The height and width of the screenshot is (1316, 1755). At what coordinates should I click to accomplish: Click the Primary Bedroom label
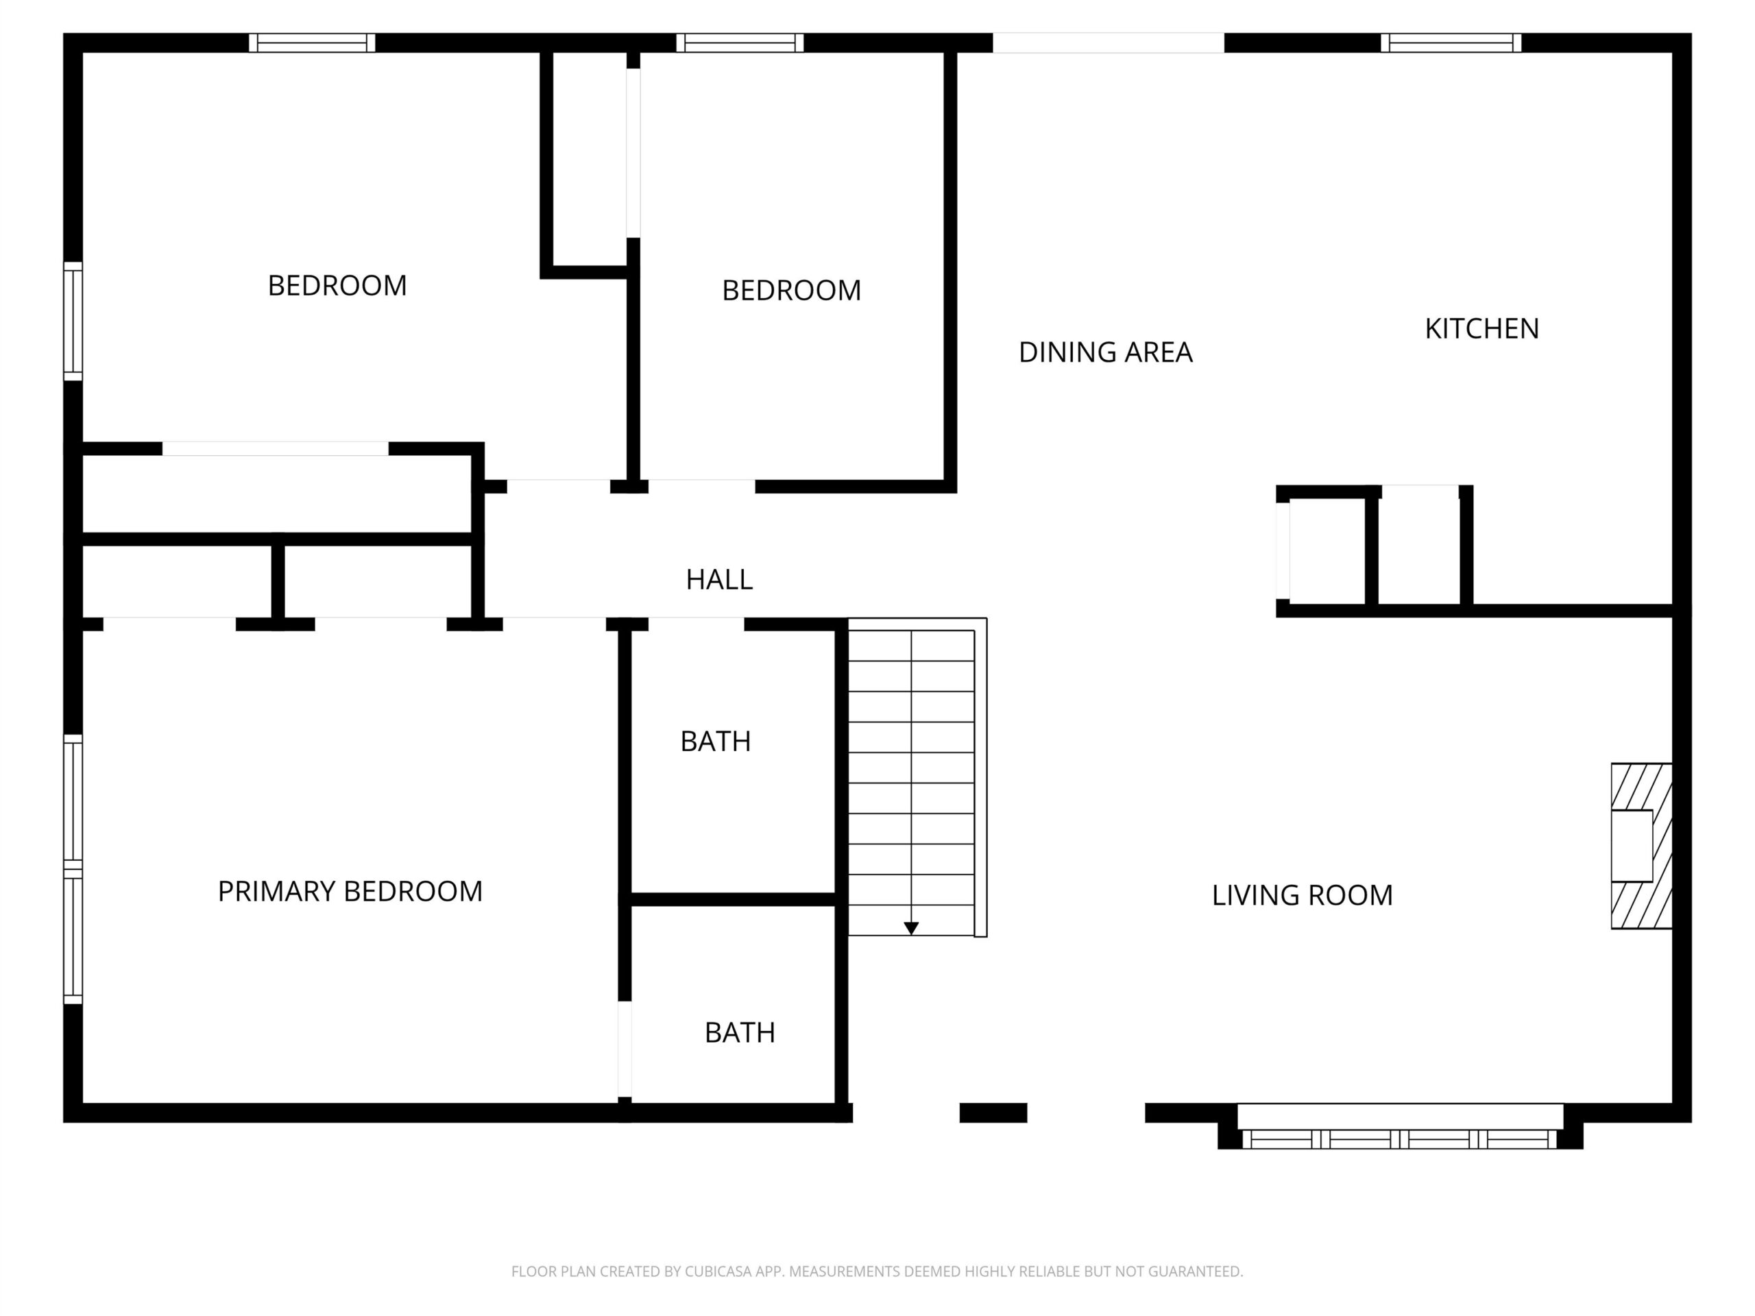click(350, 892)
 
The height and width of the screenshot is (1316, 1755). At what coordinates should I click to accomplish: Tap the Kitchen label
click(1481, 328)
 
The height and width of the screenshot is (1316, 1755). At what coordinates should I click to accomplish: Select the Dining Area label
click(1105, 352)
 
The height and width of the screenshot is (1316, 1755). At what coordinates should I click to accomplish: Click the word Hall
click(719, 580)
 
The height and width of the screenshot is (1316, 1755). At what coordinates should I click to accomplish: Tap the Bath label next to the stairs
click(715, 741)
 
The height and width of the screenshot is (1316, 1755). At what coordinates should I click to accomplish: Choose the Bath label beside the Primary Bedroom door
click(740, 1033)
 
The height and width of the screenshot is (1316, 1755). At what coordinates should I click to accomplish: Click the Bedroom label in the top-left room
click(337, 286)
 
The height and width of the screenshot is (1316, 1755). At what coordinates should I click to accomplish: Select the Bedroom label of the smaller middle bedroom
click(791, 291)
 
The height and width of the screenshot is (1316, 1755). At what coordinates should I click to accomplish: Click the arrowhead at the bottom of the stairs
click(911, 928)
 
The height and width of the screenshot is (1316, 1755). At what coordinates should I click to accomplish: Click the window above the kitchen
click(1451, 42)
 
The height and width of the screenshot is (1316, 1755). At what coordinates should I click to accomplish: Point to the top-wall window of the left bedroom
click(312, 42)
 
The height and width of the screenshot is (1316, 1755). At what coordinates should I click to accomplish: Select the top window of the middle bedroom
click(740, 42)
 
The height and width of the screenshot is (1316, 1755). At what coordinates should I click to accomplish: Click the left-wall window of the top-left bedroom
click(73, 321)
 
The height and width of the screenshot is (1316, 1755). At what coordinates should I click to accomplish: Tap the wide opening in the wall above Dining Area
click(1109, 42)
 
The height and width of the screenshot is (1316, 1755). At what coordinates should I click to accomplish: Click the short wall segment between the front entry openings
click(993, 1113)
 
